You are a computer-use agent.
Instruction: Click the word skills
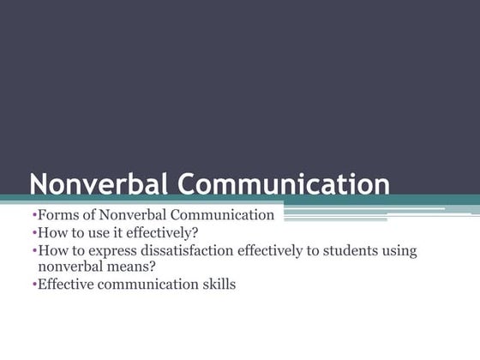[x=217, y=284]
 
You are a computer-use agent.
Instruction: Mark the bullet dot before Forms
[x=34, y=215]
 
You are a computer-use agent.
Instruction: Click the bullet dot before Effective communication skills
[x=34, y=284]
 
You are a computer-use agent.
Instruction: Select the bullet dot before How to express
[x=34, y=250]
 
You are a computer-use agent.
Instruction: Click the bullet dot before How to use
[x=34, y=232]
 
